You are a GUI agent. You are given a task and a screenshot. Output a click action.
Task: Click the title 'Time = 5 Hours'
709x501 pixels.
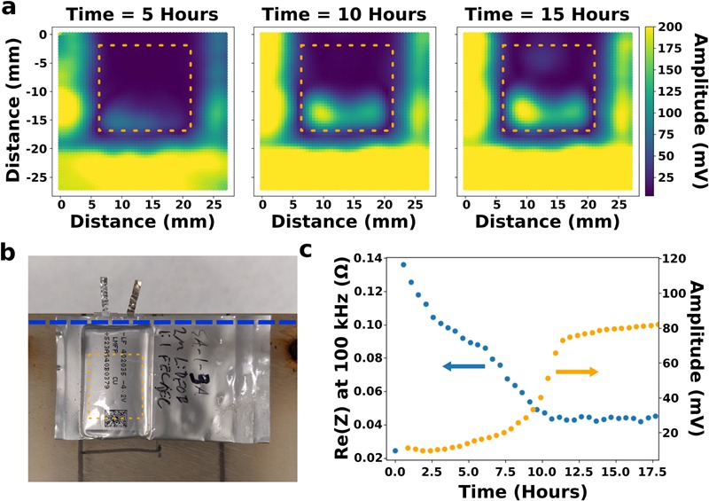pyautogui.click(x=142, y=15)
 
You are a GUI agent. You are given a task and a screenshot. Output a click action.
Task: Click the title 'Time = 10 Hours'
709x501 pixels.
pyautogui.click(x=340, y=15)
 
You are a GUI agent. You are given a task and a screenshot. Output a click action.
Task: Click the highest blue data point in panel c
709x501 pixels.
pyautogui.click(x=403, y=264)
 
